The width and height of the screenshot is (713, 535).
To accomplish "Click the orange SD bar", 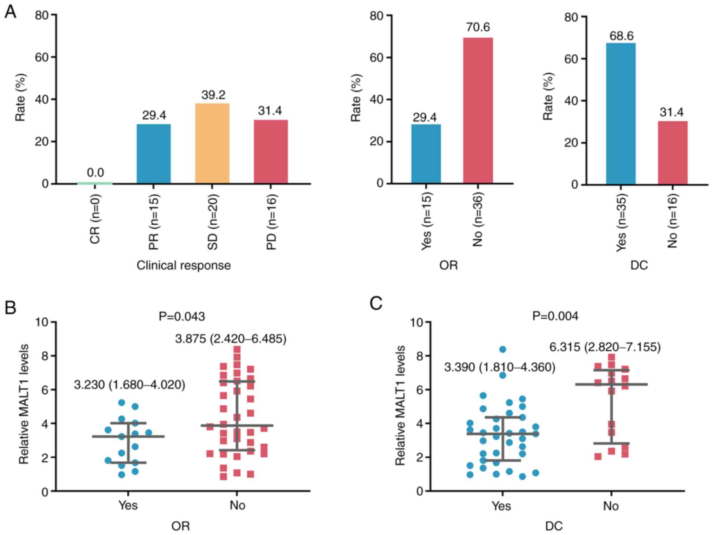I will pos(212,143).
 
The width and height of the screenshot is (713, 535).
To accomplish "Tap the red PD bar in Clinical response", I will pos(271,151).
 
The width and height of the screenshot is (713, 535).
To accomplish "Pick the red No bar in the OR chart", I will pos(478,110).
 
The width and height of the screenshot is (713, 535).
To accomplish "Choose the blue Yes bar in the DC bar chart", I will pos(620,114).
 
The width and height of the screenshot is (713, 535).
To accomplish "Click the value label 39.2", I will pos(213,95).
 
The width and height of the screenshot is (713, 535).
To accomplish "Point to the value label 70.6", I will pos(478,27).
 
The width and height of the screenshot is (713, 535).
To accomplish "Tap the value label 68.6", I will pos(621,36).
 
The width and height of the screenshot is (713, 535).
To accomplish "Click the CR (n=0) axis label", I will pos(95,219).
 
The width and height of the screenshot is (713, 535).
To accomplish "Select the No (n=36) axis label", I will pos(478,219).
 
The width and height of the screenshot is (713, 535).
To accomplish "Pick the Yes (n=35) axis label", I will pos(621,222).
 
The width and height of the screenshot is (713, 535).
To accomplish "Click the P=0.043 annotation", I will pos(181,317).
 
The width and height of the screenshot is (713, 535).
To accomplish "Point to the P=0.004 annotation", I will pos(555,316).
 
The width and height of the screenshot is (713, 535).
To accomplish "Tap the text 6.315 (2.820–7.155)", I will pos(605,347).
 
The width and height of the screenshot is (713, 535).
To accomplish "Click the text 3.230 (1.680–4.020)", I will pos(129,385).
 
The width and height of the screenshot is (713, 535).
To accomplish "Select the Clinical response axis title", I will pos(184,265).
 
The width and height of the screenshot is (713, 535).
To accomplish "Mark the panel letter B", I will pos(10,307).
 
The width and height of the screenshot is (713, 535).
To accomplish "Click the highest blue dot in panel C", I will pos(502,349).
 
